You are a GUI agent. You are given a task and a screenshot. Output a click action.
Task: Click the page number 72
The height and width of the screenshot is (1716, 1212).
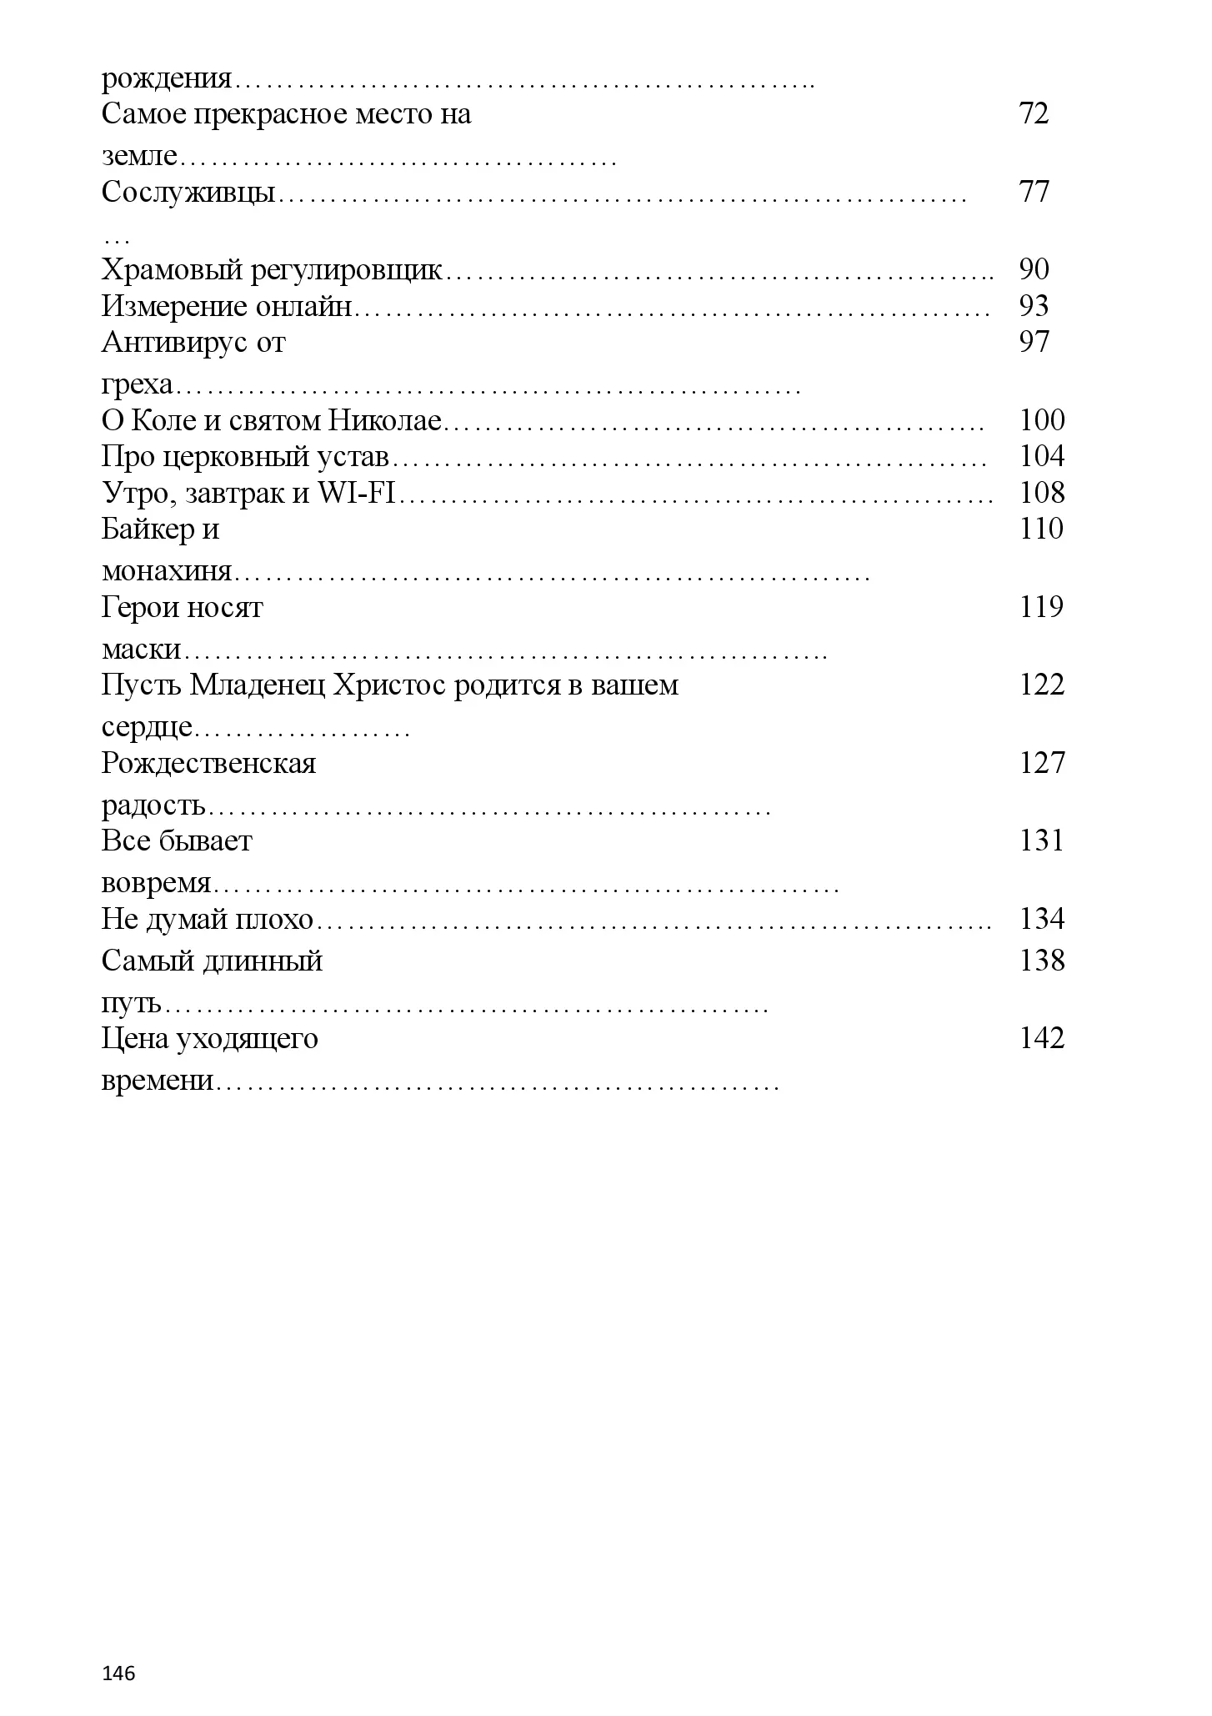point(1034,113)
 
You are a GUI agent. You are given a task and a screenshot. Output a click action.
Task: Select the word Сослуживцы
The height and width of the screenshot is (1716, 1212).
point(188,193)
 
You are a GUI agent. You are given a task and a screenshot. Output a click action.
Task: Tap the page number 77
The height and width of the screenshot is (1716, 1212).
point(1034,192)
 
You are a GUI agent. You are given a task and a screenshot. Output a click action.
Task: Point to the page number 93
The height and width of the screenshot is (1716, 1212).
point(1034,306)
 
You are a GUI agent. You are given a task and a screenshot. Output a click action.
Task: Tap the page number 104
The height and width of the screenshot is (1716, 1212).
point(1042,456)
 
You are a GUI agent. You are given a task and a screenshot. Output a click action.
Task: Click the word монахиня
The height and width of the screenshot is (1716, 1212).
point(166,572)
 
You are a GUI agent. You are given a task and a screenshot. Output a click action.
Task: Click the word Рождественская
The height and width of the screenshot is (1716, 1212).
point(208,763)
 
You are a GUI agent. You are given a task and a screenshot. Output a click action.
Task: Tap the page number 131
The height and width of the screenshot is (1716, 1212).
point(1042,840)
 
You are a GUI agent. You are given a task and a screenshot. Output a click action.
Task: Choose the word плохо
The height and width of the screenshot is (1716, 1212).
point(275,920)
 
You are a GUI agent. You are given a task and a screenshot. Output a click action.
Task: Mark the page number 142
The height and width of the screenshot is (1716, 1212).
point(1042,1038)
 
